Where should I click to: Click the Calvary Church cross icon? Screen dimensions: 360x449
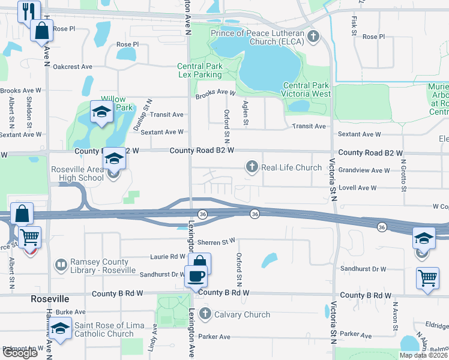(205, 314)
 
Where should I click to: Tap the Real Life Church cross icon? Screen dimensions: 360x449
(253, 167)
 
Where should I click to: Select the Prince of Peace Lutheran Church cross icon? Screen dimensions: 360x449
(312, 37)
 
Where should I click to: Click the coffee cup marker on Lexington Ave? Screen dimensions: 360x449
(196, 277)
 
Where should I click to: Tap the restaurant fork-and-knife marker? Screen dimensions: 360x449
(27, 10)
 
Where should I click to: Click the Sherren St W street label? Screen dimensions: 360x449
(220, 241)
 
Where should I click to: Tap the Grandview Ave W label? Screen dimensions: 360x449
(364, 170)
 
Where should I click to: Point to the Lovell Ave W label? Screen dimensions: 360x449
(358, 188)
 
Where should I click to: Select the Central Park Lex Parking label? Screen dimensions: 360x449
(200, 71)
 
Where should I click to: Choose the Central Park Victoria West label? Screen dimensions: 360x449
(306, 89)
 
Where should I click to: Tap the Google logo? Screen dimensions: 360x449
(19, 353)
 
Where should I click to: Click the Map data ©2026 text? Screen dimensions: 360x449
(423, 355)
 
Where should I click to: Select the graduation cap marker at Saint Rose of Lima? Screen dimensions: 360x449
(59, 328)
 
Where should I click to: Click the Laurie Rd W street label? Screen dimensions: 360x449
(152, 256)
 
